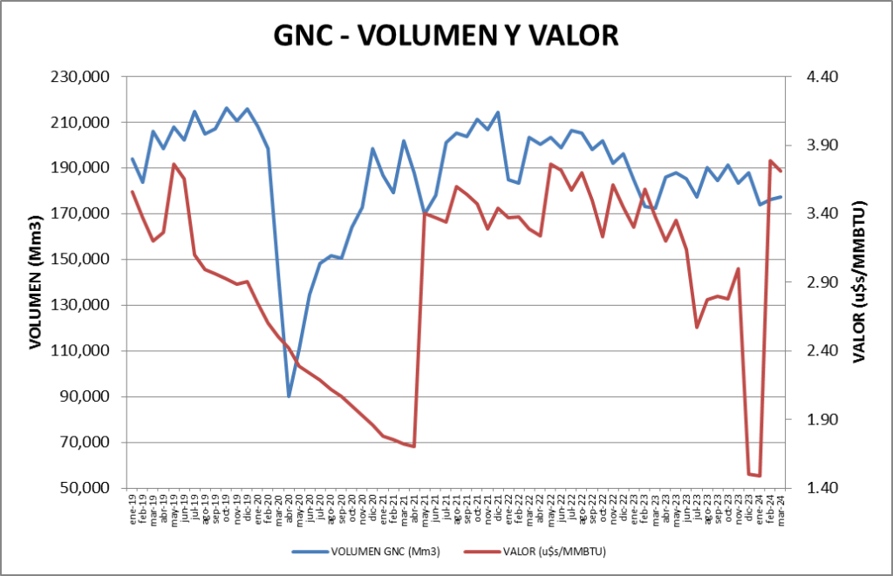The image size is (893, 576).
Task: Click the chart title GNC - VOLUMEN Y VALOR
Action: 446,34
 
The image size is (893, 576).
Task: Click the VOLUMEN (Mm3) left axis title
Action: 36,281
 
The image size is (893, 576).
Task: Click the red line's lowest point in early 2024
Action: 760,476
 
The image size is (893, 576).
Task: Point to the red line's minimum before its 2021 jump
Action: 413,446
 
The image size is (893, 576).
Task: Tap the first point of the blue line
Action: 133,159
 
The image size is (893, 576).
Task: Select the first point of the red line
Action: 133,192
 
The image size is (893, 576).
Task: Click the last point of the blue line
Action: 781,196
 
